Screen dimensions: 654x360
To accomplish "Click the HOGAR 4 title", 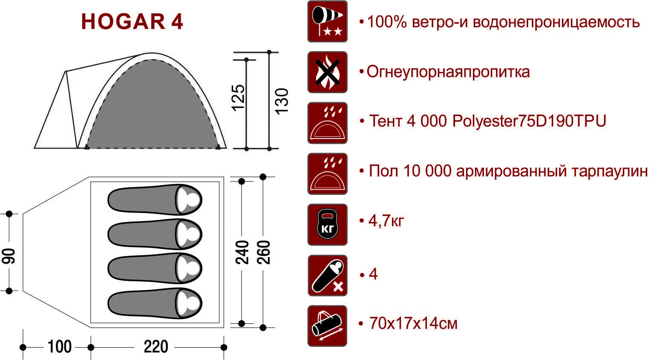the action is click(132, 22).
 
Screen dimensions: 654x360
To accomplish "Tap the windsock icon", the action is click(327, 21).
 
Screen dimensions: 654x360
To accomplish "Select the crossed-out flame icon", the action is click(327, 72).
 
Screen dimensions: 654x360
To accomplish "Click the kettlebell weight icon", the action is click(327, 225).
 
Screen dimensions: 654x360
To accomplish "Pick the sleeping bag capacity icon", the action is click(327, 275).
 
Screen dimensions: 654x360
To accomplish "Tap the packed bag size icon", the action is click(327, 326).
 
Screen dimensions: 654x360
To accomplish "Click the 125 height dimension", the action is click(238, 98).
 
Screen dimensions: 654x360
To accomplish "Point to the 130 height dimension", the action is click(282, 101).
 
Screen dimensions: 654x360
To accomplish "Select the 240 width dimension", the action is click(242, 252).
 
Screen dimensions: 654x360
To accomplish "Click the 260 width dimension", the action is click(264, 252).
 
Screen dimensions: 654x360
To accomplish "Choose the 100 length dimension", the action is click(60, 346).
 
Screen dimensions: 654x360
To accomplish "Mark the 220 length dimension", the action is click(156, 346).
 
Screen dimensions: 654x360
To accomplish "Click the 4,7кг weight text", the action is click(386, 221).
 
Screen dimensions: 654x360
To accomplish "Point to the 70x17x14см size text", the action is click(413, 323).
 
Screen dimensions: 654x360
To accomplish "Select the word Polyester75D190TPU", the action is click(529, 121).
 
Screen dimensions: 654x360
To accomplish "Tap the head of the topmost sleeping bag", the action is click(189, 200).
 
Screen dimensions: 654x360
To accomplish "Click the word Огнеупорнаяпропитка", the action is click(448, 72).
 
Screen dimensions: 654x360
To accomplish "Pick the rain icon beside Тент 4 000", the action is click(327, 123).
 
